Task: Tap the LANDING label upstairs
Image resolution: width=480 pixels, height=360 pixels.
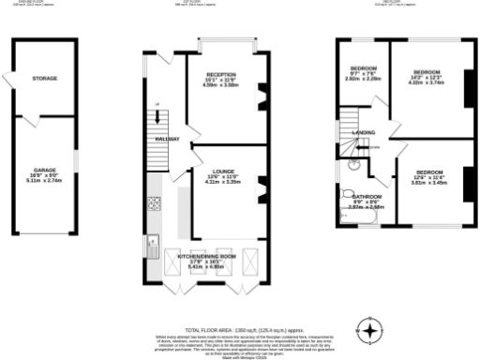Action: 364,133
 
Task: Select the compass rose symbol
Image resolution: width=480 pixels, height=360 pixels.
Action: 372,330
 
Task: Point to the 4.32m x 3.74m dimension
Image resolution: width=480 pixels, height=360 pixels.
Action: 427,82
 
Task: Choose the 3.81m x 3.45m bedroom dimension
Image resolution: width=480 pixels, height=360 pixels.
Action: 429,183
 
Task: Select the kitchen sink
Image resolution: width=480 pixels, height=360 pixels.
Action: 152,246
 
